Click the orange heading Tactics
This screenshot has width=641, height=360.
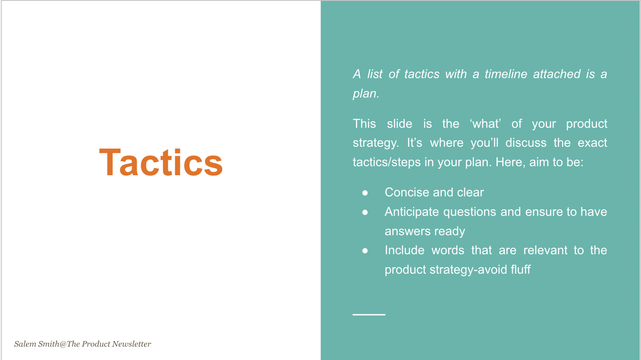tap(161, 163)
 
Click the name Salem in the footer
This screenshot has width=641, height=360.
tap(25, 344)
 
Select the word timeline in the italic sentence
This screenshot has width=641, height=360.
tap(506, 74)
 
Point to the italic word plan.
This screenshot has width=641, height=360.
tap(365, 94)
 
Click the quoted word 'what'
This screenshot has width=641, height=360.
tap(485, 124)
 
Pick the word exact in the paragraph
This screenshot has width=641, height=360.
tap(592, 143)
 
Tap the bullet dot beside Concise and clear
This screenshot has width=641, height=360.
tap(365, 193)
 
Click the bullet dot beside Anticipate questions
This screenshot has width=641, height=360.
tap(365, 212)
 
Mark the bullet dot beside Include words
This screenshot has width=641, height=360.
tap(365, 250)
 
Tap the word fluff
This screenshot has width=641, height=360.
tap(521, 270)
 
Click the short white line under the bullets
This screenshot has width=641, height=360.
tap(369, 315)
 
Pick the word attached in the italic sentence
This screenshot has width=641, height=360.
tap(556, 74)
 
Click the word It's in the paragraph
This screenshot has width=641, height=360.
tap(414, 143)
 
